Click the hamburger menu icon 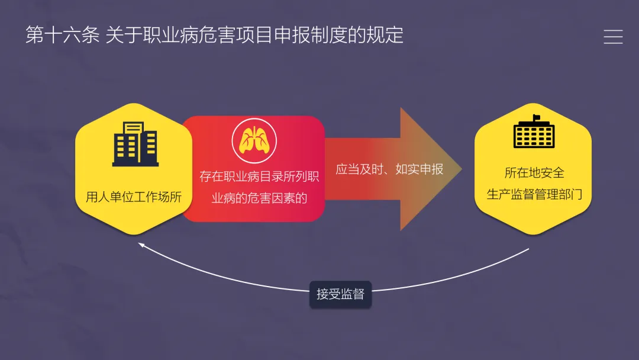click(x=613, y=37)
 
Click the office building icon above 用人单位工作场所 click(x=135, y=144)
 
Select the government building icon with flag click(x=534, y=131)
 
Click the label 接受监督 click(x=340, y=294)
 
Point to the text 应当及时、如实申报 click(x=389, y=169)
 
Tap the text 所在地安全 click(x=534, y=173)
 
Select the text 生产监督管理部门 click(x=534, y=194)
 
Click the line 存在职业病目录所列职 click(x=259, y=176)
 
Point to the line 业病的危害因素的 click(x=259, y=198)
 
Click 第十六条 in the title click(x=63, y=35)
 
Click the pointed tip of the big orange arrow click(x=460, y=169)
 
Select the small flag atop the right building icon click(x=537, y=117)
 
